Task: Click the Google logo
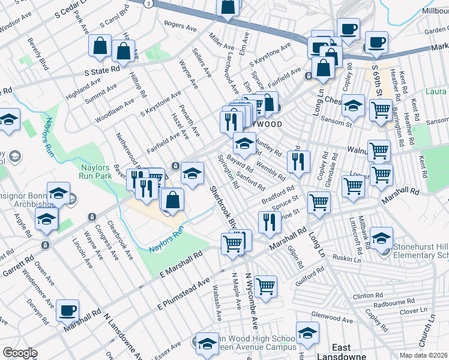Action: click(x=20, y=353)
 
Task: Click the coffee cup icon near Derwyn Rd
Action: click(x=67, y=311)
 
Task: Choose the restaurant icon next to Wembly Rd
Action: click(x=298, y=161)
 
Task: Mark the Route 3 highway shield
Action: click(x=148, y=3)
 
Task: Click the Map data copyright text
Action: click(x=424, y=355)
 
